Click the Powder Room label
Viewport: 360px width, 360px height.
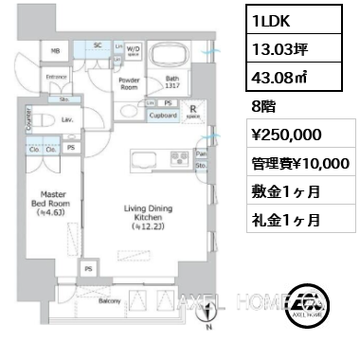[129, 82]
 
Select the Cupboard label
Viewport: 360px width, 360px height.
[163, 116]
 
